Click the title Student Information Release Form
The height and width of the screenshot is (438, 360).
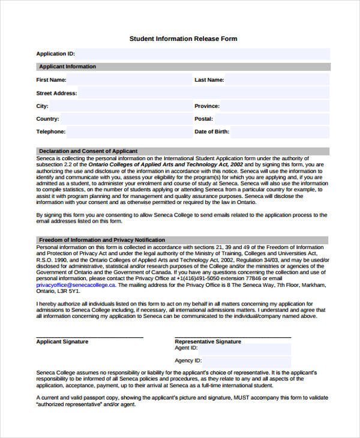click(183, 39)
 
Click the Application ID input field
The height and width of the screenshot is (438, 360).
click(202, 53)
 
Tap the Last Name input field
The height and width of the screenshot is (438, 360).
click(277, 80)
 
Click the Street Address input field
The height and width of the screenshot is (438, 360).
click(203, 93)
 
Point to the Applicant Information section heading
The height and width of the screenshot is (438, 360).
click(67, 67)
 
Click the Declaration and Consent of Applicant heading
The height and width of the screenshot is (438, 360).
click(88, 151)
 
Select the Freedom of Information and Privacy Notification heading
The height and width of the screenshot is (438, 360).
click(101, 240)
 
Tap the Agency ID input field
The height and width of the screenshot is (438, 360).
click(247, 361)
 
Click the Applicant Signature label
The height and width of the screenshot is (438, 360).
click(62, 341)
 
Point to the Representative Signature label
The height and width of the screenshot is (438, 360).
click(208, 341)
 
